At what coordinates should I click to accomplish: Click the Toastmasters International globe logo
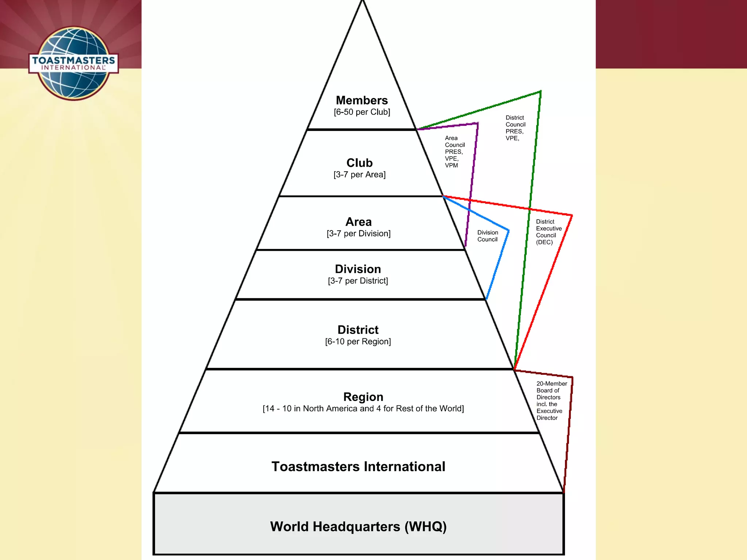click(74, 63)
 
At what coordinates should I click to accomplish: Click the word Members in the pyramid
click(362, 100)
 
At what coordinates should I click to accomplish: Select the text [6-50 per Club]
click(362, 112)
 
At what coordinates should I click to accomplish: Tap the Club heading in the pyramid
click(359, 163)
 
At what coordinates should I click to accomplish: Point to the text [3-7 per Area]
click(359, 175)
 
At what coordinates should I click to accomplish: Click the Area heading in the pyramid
click(359, 222)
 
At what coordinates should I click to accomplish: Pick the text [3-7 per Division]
click(359, 234)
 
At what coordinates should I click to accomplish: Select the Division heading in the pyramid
click(358, 269)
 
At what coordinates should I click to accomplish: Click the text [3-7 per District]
click(358, 281)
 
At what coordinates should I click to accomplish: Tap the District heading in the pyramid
click(358, 330)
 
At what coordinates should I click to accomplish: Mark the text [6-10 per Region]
click(358, 342)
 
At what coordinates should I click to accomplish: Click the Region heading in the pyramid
click(363, 397)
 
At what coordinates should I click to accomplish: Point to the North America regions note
click(363, 409)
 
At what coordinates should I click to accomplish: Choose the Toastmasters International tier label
click(358, 467)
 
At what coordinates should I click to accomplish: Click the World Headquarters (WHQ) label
click(358, 526)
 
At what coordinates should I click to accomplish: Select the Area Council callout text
click(454, 152)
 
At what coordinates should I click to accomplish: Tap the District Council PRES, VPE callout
click(515, 128)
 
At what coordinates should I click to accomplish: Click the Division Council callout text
click(487, 236)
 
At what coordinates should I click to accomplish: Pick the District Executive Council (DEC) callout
click(549, 232)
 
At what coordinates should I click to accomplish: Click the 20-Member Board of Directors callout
click(551, 401)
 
